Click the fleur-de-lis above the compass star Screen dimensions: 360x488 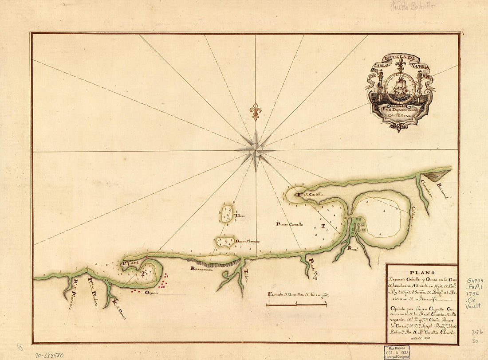click(x=255, y=112)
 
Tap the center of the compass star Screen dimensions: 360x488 click(x=256, y=150)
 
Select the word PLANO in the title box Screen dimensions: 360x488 click(x=421, y=273)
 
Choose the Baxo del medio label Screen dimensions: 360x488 click(x=247, y=242)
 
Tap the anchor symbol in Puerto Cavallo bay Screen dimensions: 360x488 click(x=323, y=226)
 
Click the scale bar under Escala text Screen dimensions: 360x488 click(x=296, y=305)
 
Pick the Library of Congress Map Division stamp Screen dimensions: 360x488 click(x=397, y=352)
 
